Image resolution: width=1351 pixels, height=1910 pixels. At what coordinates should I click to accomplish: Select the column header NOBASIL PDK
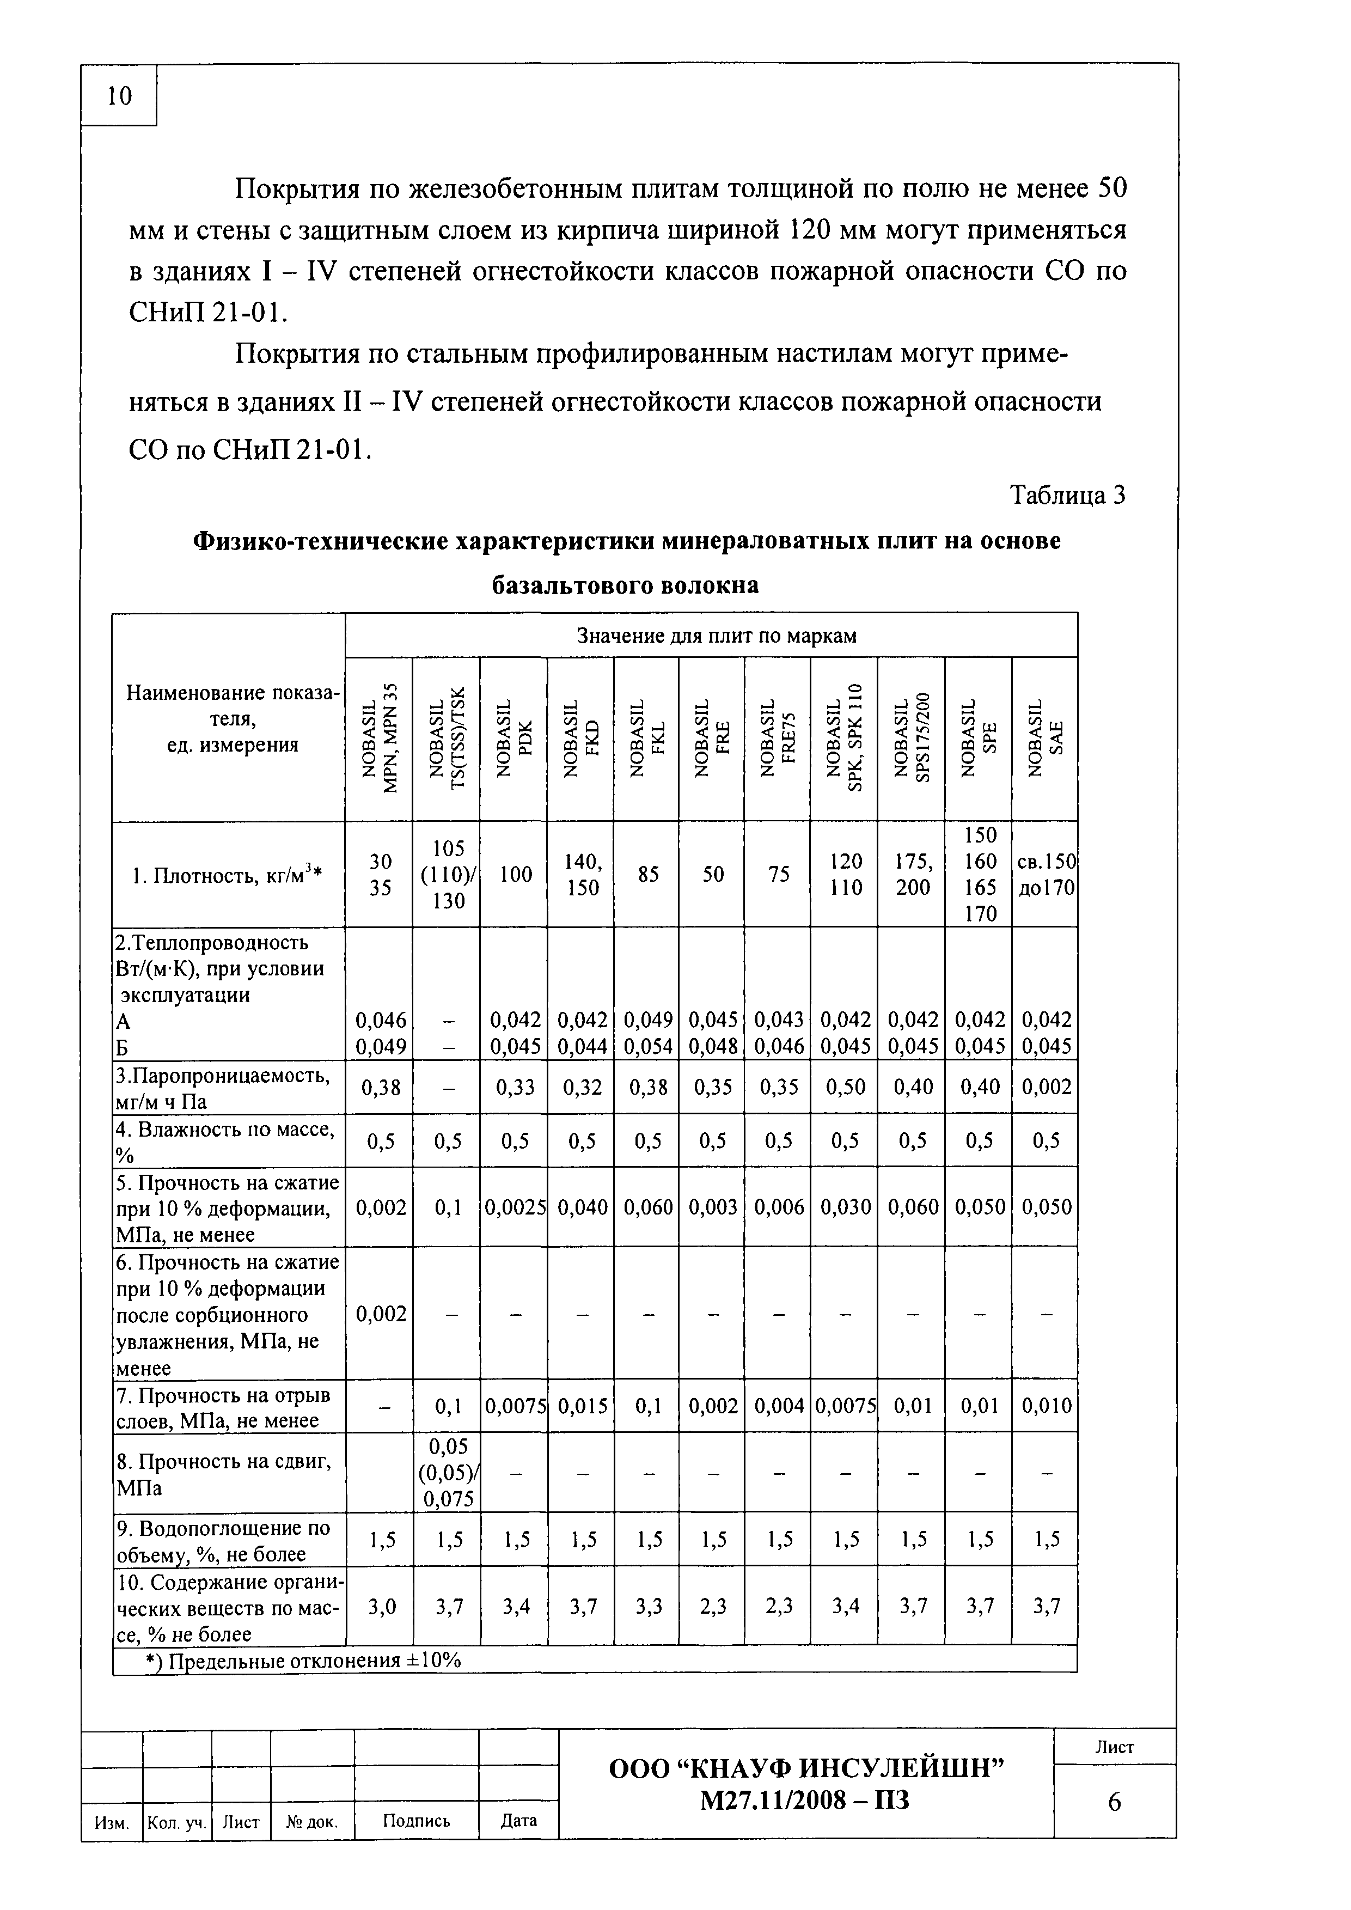(514, 739)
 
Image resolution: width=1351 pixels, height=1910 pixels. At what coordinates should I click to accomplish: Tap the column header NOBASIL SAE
(1046, 739)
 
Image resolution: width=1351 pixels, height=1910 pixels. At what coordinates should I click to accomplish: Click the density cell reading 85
(647, 874)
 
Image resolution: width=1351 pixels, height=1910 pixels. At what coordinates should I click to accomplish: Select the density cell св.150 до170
(1046, 874)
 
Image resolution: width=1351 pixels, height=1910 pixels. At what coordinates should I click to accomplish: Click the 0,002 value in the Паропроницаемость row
(1046, 1087)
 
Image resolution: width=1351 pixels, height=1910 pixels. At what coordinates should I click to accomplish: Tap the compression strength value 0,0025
(514, 1207)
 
